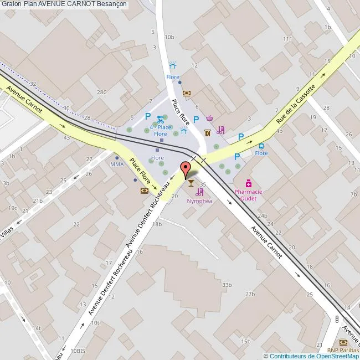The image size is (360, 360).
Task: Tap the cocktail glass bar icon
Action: click(x=191, y=182)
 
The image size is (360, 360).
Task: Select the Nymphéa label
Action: click(x=199, y=201)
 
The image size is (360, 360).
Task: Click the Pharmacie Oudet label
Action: click(x=248, y=195)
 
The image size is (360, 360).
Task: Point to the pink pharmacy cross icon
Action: click(x=249, y=183)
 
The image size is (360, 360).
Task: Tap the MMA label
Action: click(x=117, y=164)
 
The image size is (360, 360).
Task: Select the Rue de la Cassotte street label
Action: click(x=296, y=104)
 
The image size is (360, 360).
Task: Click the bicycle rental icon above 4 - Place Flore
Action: click(x=160, y=119)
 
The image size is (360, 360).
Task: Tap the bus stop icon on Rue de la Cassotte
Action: click(x=261, y=147)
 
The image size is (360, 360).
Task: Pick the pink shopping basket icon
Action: click(x=209, y=118)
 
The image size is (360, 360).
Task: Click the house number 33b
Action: click(x=226, y=285)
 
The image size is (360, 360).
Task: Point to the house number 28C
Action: click(x=101, y=92)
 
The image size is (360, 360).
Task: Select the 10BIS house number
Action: click(x=78, y=351)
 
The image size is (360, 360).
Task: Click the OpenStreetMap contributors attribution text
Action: click(x=311, y=356)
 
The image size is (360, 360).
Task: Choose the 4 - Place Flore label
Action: click(x=161, y=131)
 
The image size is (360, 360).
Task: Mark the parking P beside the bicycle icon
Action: click(x=147, y=116)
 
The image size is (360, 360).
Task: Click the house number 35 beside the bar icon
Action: click(x=203, y=184)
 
